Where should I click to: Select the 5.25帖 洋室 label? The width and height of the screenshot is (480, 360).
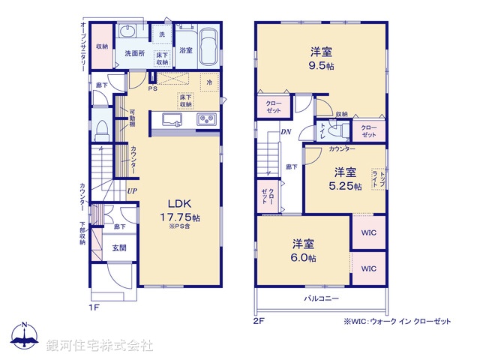click(344, 178)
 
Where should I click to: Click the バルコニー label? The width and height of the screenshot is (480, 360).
click(322, 298)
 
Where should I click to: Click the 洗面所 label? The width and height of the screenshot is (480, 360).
click(135, 54)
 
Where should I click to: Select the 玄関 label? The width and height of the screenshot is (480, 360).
click(120, 247)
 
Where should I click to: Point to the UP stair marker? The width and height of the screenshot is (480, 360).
click(132, 191)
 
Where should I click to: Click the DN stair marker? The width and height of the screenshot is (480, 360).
click(286, 132)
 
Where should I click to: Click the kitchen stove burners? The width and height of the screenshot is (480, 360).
click(206, 120)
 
